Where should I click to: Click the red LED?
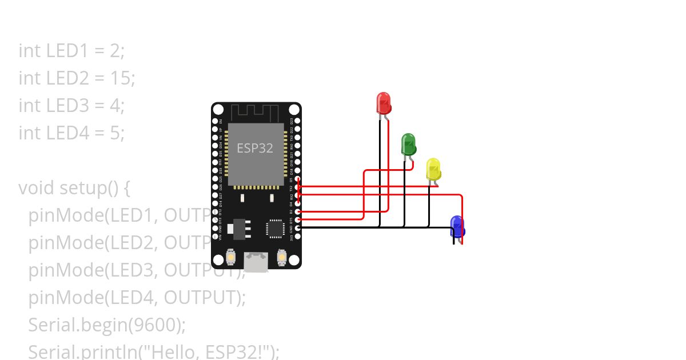click(383, 103)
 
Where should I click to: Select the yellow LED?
click(433, 169)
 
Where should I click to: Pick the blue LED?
click(457, 226)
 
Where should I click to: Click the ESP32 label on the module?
click(255, 148)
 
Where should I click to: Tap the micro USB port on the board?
click(256, 261)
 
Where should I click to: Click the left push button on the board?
click(230, 258)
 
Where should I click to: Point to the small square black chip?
click(275, 229)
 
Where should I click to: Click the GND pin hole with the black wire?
click(297, 227)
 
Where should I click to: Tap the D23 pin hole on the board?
click(297, 121)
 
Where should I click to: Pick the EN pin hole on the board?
click(215, 121)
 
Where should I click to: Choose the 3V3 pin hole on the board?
click(297, 236)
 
